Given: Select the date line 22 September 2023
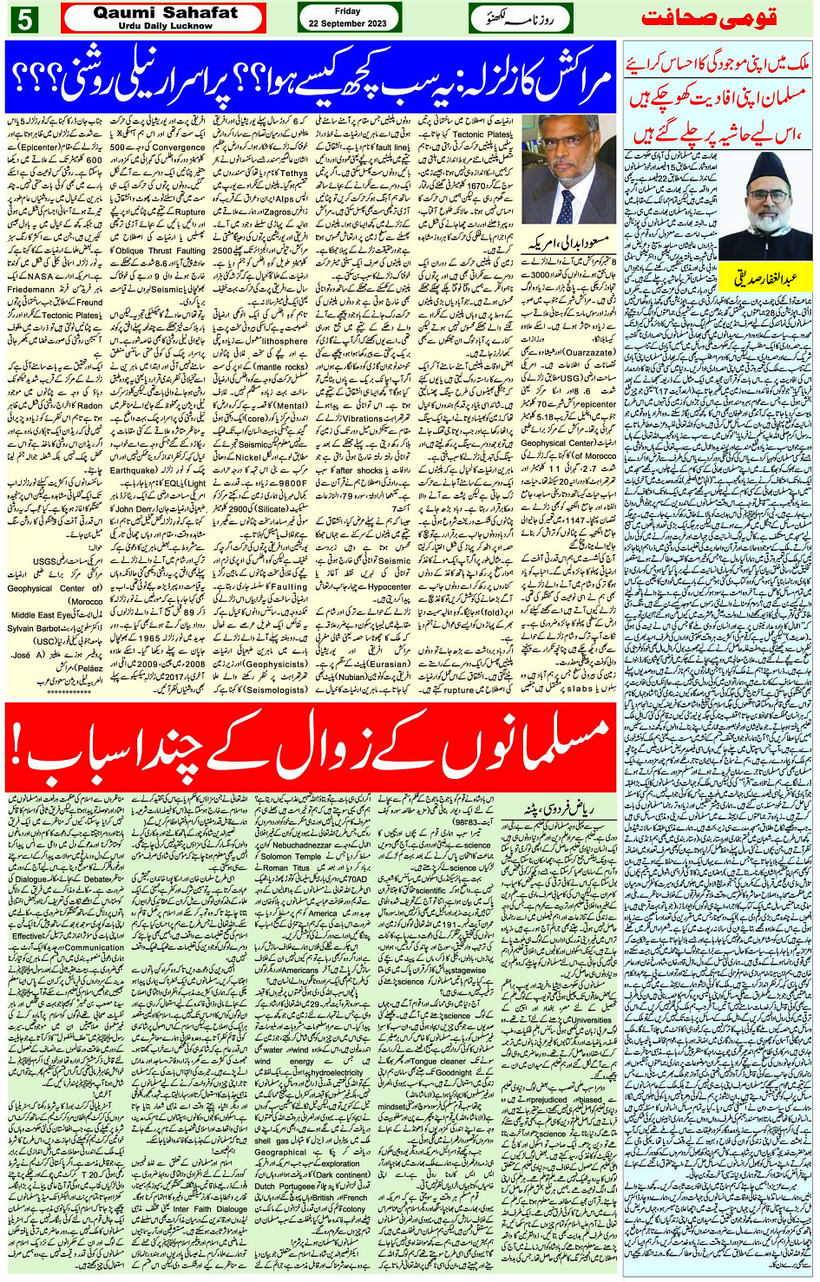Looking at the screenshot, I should coord(348,24).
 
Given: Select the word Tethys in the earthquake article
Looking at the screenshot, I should coord(294,173).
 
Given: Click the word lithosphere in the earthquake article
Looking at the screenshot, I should coord(286,342).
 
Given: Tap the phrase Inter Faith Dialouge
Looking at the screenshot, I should coord(210,1209).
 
